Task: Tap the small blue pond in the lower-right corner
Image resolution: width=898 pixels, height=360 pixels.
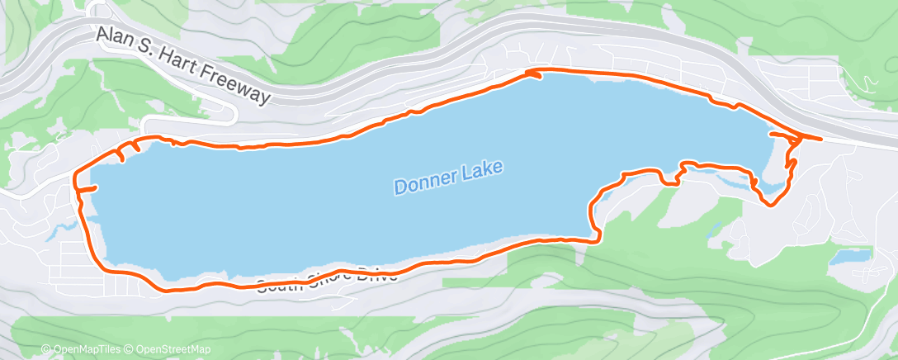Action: point(851,257)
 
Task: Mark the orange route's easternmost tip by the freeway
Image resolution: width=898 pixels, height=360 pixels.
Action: point(820,139)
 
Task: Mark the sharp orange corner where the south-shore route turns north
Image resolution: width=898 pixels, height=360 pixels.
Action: point(597,239)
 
